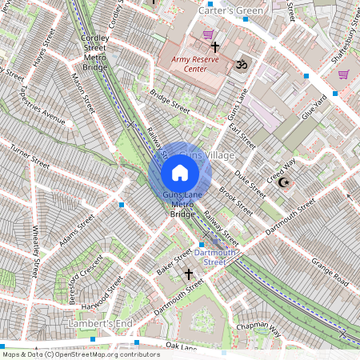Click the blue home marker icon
click(x=180, y=173)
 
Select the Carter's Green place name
click(x=231, y=10)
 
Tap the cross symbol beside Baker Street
click(x=190, y=274)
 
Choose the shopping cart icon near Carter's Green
click(x=209, y=34)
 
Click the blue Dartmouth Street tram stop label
click(x=219, y=257)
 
